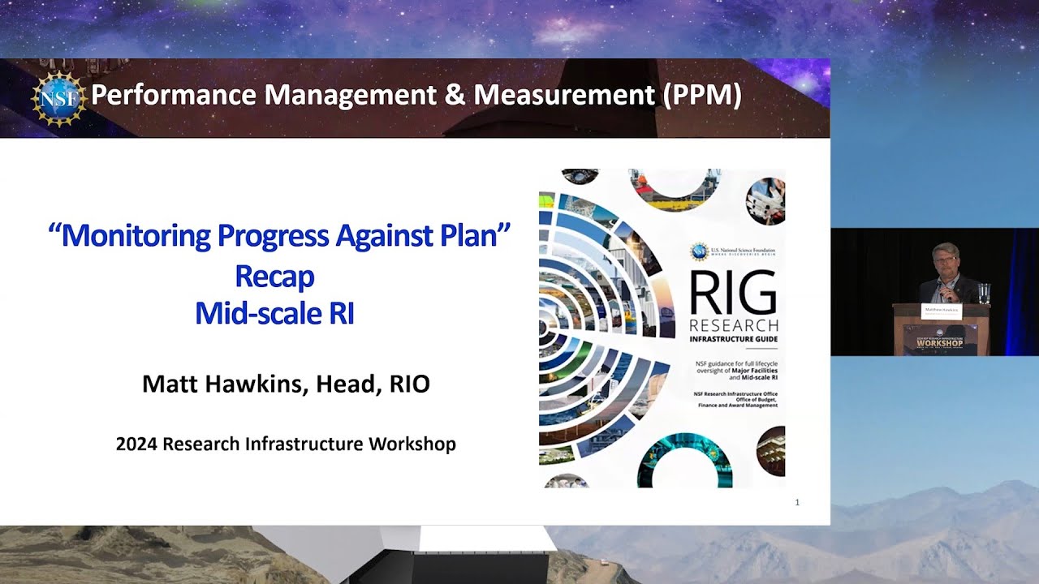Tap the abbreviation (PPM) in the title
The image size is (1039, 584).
point(702,96)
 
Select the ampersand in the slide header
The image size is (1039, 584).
point(456,96)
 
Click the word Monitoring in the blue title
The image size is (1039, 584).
point(139,236)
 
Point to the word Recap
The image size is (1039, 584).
point(274,277)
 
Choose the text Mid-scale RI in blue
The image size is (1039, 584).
point(274,313)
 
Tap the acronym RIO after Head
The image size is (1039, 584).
point(409,384)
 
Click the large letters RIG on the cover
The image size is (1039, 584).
point(732,294)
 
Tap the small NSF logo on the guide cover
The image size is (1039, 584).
point(699,251)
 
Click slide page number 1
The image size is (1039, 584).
point(797,503)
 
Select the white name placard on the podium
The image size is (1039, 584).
point(940,311)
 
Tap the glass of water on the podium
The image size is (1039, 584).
point(984,293)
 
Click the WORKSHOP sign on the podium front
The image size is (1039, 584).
point(939,343)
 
